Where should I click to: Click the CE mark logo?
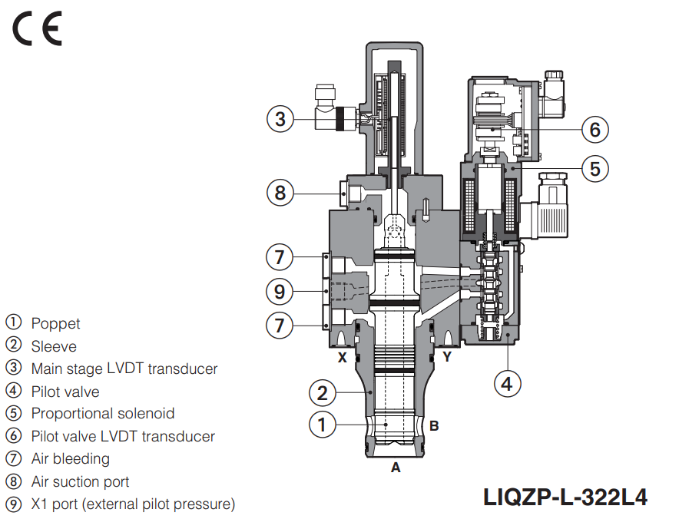[36, 30]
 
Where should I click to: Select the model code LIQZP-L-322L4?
[565, 497]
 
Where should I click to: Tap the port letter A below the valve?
[396, 467]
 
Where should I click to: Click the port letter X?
[343, 357]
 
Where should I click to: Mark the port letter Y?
[446, 357]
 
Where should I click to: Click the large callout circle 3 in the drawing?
[280, 119]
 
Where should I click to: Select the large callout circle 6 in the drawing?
[595, 129]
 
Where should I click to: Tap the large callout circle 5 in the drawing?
[595, 168]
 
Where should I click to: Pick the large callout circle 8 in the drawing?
[280, 192]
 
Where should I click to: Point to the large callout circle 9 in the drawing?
[280, 291]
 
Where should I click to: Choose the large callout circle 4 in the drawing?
[506, 382]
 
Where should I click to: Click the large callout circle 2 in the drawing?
[323, 394]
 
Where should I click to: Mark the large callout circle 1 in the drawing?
[323, 424]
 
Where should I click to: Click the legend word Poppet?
[55, 323]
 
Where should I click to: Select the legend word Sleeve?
[54, 346]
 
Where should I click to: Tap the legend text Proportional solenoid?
[102, 414]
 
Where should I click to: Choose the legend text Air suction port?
[80, 482]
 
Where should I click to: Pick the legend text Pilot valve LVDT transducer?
[123, 436]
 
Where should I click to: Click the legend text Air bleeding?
[70, 459]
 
